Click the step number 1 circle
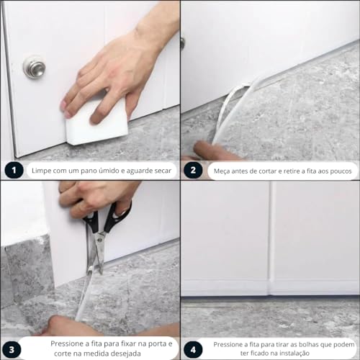[12, 171]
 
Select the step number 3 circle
[12, 348]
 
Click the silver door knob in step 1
[34, 67]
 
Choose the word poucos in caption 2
[335, 171]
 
